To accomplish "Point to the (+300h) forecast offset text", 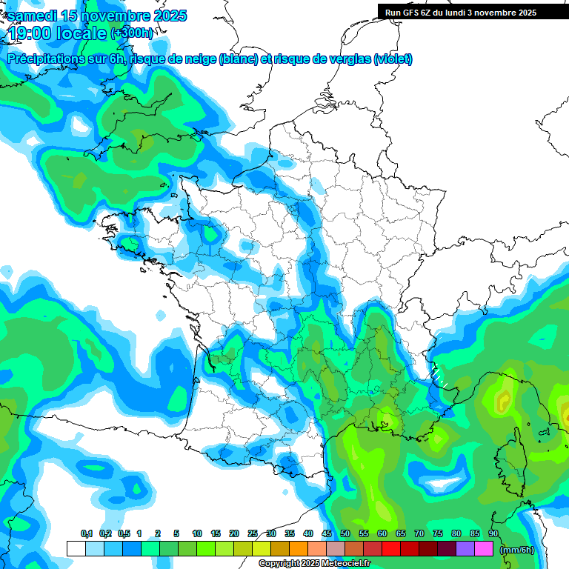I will point(131,33).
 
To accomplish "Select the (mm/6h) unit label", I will point(517,550).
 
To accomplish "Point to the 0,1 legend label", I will point(86,534).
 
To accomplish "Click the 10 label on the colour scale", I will point(197,534).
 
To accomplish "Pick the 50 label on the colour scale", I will point(345,534).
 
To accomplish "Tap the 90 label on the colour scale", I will point(493,534).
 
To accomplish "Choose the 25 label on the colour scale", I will point(253,534).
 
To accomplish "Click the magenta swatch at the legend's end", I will point(484,549).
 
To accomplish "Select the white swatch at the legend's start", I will point(76,549).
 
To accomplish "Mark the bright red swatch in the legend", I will point(391,549).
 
